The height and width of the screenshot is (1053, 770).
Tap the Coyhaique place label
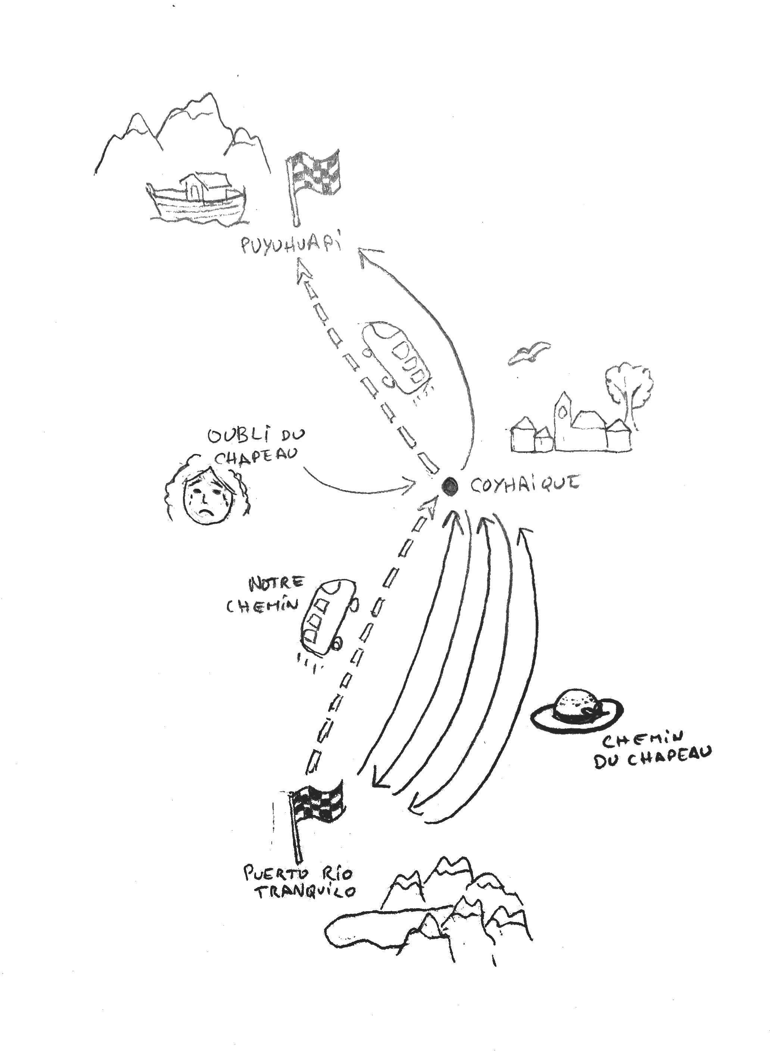click(524, 485)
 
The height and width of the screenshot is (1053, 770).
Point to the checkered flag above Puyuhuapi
click(315, 175)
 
